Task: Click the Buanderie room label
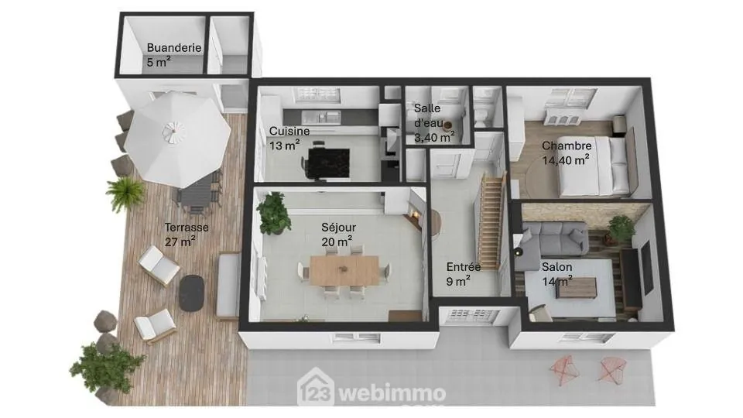[173, 48]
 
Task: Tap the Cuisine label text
[289, 131]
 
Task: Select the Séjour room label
[338, 228]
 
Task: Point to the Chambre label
[567, 146]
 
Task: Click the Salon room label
[557, 267]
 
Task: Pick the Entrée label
[464, 267]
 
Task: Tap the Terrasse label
[186, 228]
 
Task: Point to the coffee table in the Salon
[577, 286]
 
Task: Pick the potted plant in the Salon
[621, 227]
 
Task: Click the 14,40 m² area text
[566, 161]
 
